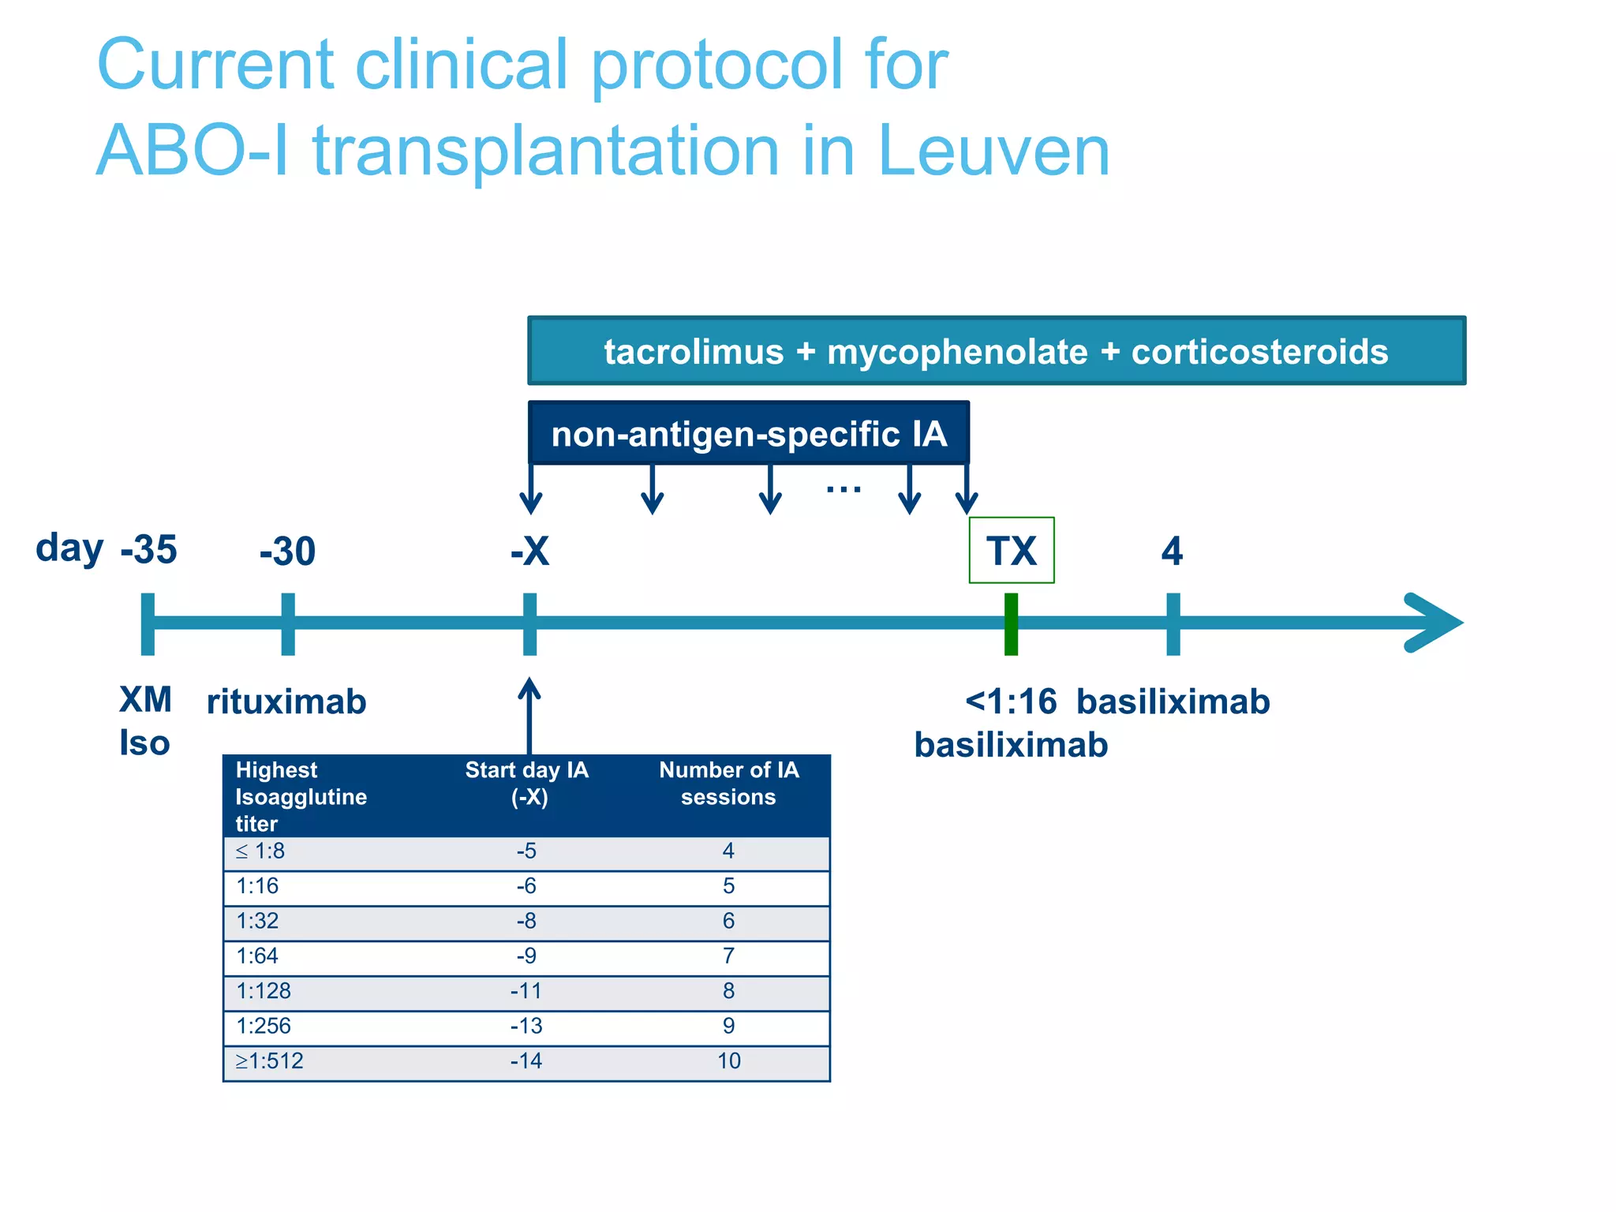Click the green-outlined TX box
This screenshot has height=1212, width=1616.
point(1011,550)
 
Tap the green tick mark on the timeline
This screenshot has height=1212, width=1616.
point(1011,623)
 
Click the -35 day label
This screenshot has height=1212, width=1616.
point(148,549)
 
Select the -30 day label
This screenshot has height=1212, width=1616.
point(287,551)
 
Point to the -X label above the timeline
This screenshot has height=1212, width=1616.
point(529,551)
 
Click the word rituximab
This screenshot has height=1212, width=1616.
point(286,701)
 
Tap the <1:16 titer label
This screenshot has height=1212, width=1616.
point(1011,701)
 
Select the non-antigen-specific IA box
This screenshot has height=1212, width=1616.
point(748,433)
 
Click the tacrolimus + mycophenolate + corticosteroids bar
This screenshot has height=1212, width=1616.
point(996,351)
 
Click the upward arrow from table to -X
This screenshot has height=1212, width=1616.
point(529,714)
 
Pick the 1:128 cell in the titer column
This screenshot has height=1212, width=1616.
point(264,991)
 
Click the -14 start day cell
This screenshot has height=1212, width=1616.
point(526,1061)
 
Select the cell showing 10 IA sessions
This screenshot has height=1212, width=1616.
point(728,1061)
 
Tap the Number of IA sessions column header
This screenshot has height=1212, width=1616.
point(728,784)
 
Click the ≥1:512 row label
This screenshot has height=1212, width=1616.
point(269,1061)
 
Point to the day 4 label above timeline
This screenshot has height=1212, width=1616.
point(1172,551)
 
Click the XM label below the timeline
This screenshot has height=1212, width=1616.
point(145,700)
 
